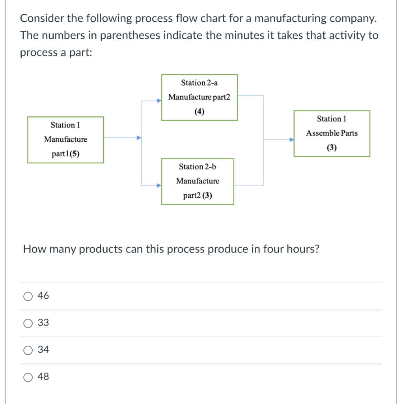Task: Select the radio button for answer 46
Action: click(x=28, y=296)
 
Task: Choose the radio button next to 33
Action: click(x=28, y=323)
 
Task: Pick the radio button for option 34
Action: click(x=28, y=350)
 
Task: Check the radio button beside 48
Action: click(x=28, y=377)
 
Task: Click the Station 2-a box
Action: click(x=199, y=97)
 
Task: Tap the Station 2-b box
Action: click(x=197, y=181)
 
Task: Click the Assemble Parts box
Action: click(x=332, y=133)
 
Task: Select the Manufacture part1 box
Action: click(x=65, y=140)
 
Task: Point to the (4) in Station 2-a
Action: click(x=199, y=112)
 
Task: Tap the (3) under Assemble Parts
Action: click(x=332, y=148)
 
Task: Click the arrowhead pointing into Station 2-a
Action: click(x=159, y=101)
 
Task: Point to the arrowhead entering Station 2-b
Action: click(x=159, y=185)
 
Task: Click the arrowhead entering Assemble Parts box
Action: click(x=292, y=140)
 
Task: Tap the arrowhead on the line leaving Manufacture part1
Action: click(x=139, y=138)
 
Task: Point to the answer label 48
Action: click(x=43, y=377)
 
